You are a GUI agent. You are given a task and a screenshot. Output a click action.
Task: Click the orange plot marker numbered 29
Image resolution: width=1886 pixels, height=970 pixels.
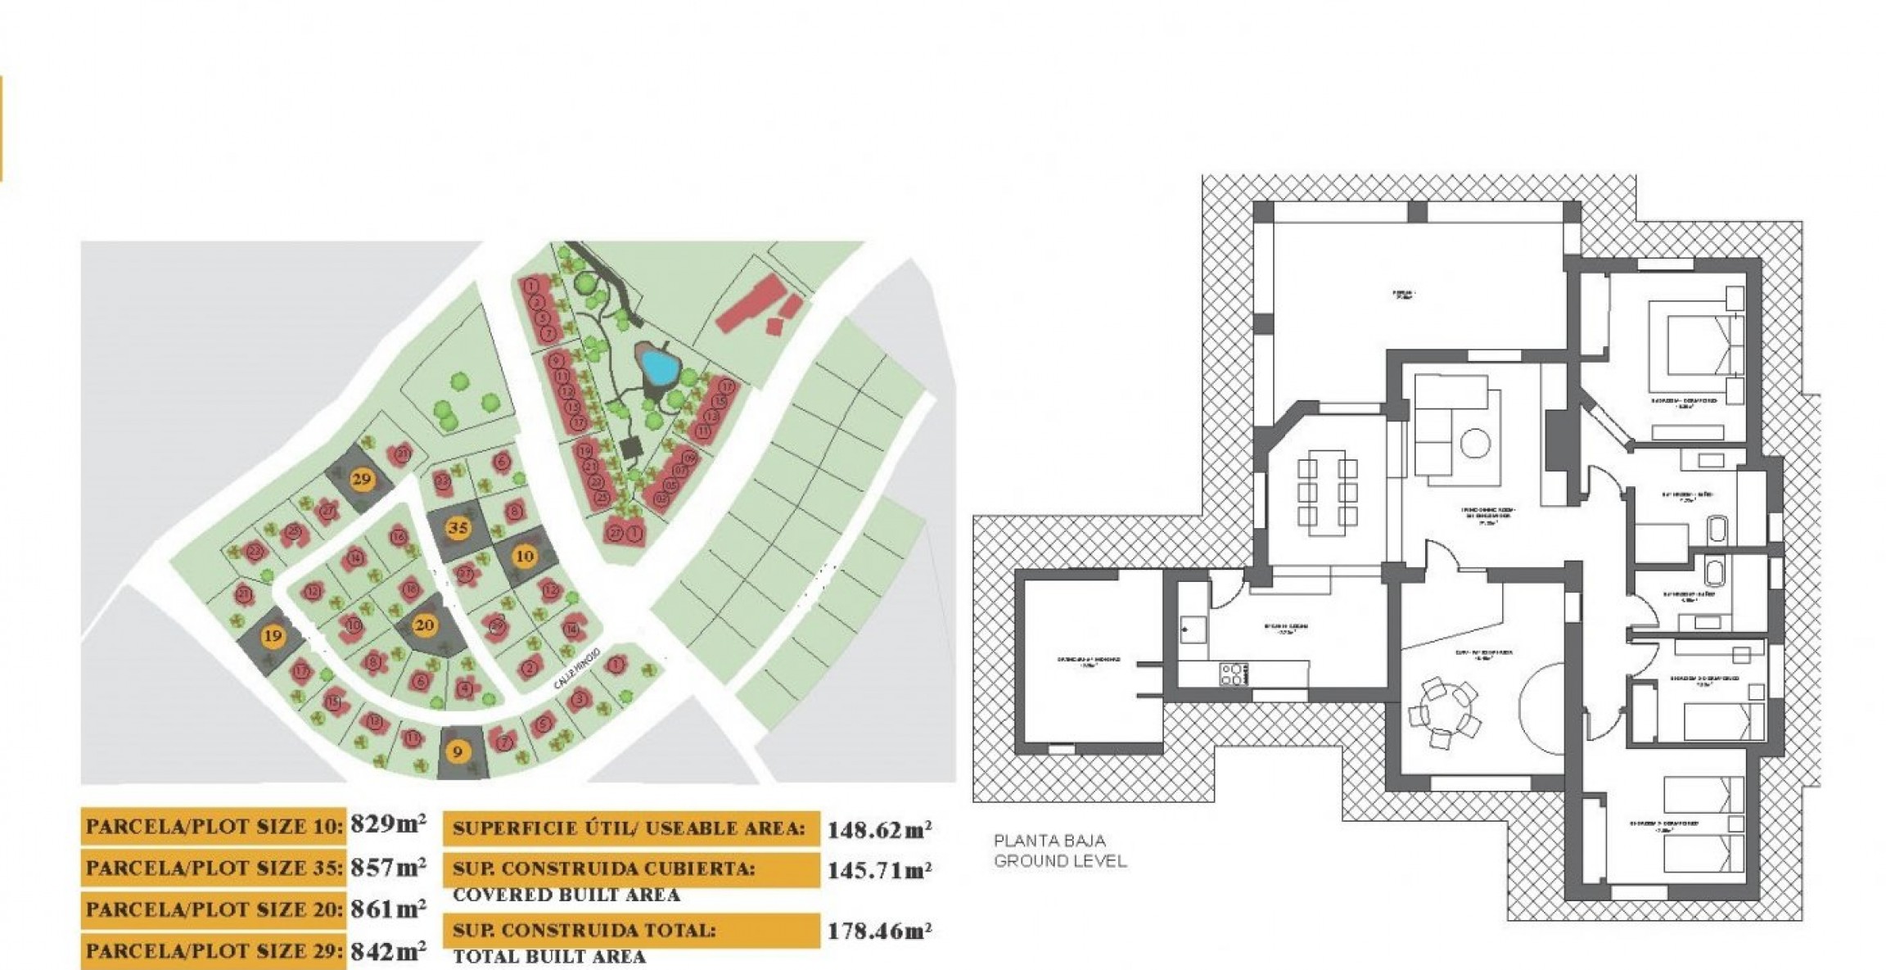click(361, 480)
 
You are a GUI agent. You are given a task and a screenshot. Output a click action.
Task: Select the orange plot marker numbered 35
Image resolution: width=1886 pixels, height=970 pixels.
click(458, 529)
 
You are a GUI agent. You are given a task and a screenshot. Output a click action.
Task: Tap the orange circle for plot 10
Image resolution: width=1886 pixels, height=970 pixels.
click(524, 557)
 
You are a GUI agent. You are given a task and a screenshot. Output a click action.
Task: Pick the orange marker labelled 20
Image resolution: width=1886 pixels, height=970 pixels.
click(424, 626)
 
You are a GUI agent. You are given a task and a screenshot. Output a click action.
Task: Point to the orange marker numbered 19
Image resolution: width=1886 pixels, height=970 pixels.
click(272, 636)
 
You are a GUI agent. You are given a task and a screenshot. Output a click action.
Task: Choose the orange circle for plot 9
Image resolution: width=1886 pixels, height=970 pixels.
click(458, 751)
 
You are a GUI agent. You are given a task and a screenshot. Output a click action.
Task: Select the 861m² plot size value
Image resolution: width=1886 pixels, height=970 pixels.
click(388, 908)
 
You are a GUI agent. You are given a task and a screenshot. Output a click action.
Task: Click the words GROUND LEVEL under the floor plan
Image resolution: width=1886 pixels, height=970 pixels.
click(1060, 861)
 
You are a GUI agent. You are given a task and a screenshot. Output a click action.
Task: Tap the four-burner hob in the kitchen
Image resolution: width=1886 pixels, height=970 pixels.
click(1234, 674)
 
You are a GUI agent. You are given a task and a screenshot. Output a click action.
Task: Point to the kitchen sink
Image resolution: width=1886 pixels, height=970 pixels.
click(1192, 629)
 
